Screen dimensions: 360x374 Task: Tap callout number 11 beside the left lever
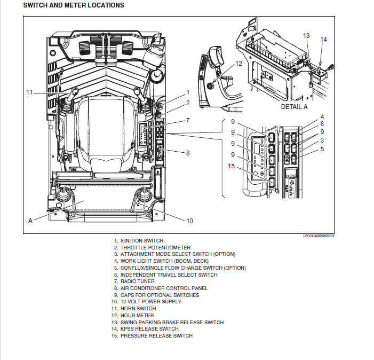pos(29,92)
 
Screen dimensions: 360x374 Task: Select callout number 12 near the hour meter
pos(238,63)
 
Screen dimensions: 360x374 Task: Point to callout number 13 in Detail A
pos(306,36)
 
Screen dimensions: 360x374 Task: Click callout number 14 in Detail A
pos(323,40)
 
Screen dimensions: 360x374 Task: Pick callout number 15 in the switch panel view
pos(231,166)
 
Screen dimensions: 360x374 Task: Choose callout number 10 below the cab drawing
pos(189,221)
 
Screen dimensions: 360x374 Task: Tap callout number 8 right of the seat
pos(188,153)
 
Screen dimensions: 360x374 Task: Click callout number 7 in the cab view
pos(188,121)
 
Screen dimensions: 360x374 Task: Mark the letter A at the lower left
pos(30,220)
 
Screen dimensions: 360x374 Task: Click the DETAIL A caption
pos(295,107)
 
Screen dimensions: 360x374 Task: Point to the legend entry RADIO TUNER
pos(137,281)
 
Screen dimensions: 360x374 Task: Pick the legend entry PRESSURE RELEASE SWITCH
pos(156,336)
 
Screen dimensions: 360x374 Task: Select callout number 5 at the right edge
pos(322,149)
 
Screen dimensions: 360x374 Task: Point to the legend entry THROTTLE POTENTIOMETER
pos(155,248)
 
